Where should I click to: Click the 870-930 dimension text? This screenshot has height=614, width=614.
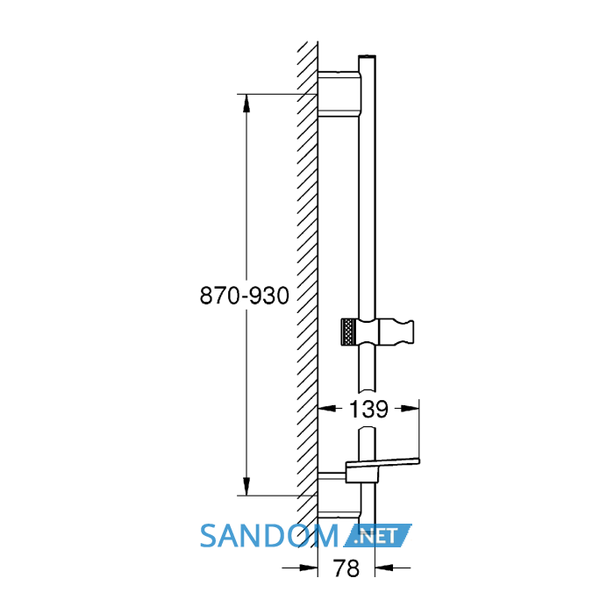[245, 296]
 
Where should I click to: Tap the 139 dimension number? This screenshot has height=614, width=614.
[368, 410]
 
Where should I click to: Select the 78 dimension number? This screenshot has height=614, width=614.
[346, 568]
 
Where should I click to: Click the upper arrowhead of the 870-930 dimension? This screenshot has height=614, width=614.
[246, 103]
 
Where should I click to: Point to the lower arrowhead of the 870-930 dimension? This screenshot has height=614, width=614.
[246, 486]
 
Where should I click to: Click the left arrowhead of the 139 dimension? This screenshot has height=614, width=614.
[327, 409]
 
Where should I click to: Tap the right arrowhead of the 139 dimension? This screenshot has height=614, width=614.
[410, 409]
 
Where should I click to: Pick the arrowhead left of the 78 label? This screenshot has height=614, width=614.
[309, 567]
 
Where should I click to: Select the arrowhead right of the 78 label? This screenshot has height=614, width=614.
[384, 567]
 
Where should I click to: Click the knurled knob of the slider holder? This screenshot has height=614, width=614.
[348, 332]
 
